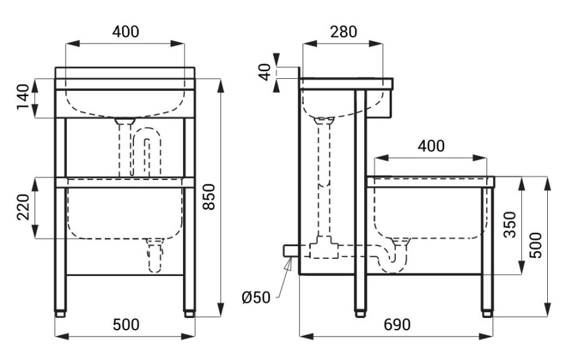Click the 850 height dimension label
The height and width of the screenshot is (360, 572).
(x=209, y=197)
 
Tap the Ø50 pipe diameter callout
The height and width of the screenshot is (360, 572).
(x=256, y=298)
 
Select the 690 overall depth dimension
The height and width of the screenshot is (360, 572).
(x=397, y=324)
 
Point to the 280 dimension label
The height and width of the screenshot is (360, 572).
(x=343, y=32)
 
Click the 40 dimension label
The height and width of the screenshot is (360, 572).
(x=266, y=72)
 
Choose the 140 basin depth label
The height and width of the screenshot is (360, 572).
(x=23, y=97)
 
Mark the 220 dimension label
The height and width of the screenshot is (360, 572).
(x=23, y=207)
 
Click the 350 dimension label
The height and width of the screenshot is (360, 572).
(x=510, y=225)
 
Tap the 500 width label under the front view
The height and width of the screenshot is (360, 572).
(x=126, y=324)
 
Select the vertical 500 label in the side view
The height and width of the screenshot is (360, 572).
(x=536, y=246)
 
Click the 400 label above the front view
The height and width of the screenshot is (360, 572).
(x=125, y=32)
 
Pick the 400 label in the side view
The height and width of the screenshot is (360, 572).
(x=431, y=146)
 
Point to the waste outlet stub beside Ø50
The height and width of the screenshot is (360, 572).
(x=291, y=251)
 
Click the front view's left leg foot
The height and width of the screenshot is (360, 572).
(x=60, y=314)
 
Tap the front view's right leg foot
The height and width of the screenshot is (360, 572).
(x=189, y=314)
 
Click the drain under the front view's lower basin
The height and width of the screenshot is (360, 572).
(x=154, y=255)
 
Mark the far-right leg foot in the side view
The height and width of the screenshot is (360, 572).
(x=487, y=314)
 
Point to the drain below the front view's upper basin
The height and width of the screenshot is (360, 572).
(x=125, y=147)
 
